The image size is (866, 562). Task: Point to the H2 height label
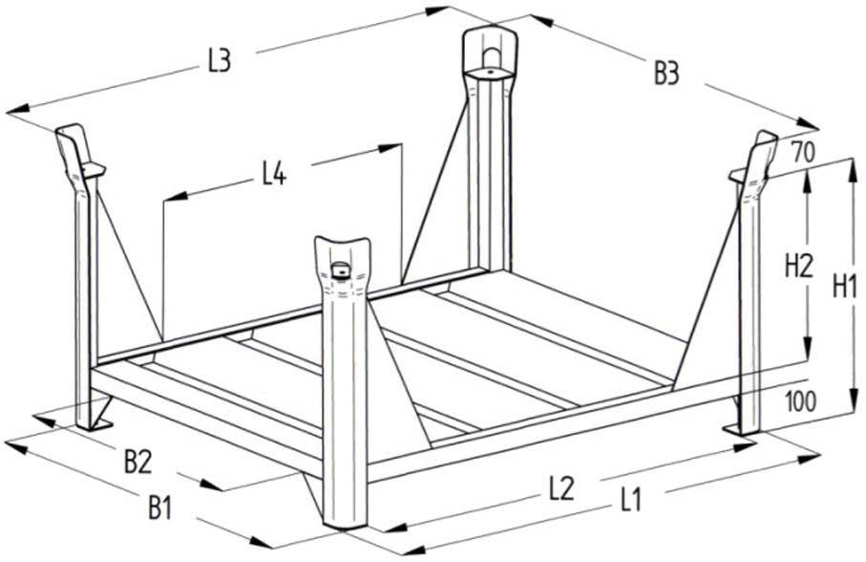click(x=797, y=266)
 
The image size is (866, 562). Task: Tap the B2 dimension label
click(x=138, y=462)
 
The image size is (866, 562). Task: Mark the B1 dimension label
click(x=161, y=508)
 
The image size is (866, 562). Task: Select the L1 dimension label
click(x=631, y=498)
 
